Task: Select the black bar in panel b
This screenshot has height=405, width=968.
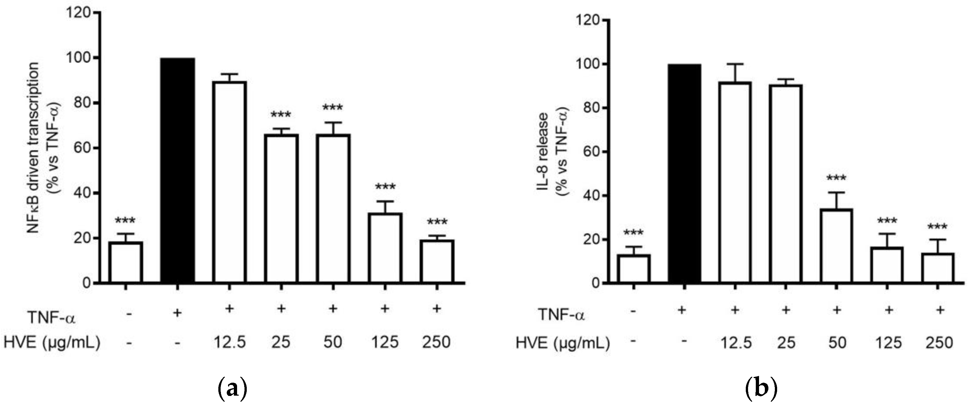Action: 685,173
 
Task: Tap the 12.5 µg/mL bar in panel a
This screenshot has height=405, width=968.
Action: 230,182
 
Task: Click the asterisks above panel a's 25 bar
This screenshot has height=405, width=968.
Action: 281,115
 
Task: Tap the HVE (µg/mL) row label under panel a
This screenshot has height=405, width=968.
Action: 52,343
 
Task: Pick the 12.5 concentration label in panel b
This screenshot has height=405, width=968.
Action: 736,343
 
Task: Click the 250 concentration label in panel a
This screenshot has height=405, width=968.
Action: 436,342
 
